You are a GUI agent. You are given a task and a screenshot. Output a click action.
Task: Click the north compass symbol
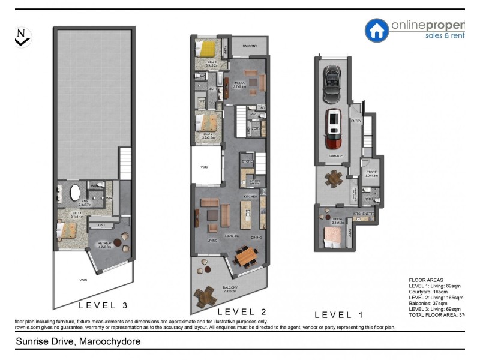22,37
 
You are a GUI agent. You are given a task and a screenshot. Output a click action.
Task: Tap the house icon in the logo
377,30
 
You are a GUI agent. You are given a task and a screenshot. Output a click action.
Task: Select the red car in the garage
332,129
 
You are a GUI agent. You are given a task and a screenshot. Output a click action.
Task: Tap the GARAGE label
336,155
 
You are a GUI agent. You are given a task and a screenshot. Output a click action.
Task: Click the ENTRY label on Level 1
356,121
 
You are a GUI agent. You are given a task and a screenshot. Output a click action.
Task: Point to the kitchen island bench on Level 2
246,215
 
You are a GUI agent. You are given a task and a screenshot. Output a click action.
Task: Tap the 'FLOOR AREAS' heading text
425,280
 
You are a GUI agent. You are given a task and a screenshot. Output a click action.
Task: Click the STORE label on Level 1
371,172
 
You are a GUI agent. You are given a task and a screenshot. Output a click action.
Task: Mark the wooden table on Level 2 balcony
205,296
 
